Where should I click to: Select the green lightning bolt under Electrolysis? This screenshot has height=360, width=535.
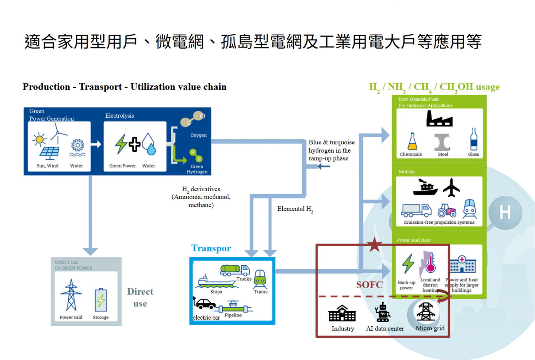click(x=121, y=144)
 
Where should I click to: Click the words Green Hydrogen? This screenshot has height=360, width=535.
click(x=197, y=169)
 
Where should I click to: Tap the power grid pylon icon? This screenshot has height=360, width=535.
click(x=71, y=295)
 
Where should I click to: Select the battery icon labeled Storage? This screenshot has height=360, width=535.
click(x=101, y=300)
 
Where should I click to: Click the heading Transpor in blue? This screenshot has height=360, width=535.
click(x=211, y=249)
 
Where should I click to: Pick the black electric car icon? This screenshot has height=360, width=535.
click(x=204, y=304)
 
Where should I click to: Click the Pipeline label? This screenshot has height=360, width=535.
click(x=233, y=315)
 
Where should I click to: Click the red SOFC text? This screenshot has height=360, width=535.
click(x=369, y=285)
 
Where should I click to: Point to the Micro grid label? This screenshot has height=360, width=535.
click(x=430, y=328)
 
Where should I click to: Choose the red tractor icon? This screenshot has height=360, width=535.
click(x=446, y=210)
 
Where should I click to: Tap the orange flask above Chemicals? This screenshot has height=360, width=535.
click(x=411, y=142)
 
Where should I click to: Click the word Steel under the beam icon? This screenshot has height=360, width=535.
click(x=443, y=154)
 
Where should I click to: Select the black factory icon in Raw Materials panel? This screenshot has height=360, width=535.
click(x=439, y=118)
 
